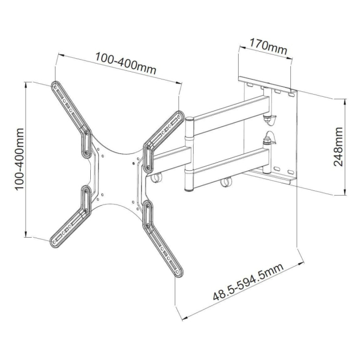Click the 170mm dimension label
point(268,47)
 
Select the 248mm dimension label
point(338,147)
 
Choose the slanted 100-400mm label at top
point(126,64)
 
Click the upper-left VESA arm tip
point(55,86)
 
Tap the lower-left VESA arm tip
point(54,243)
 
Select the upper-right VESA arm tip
point(179,116)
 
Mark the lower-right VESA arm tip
point(178,272)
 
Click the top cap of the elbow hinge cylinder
point(189,119)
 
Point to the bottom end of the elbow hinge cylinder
point(189,190)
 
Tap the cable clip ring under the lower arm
point(226,182)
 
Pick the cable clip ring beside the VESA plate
point(156,177)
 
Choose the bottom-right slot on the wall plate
point(290,172)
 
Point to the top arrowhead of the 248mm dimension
point(344,102)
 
